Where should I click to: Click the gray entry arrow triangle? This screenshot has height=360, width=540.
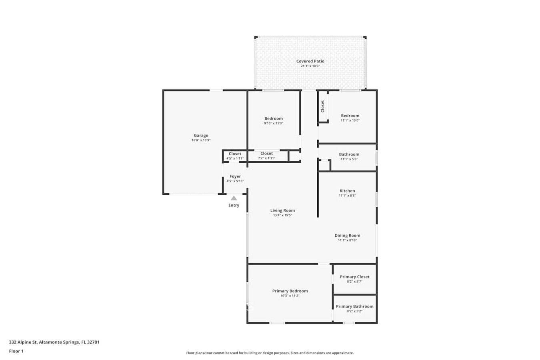(x=234, y=198)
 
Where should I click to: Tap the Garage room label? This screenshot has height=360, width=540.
(x=201, y=136)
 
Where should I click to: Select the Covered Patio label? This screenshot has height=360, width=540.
(x=310, y=61)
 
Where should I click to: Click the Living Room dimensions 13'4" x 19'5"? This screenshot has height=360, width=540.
(x=282, y=215)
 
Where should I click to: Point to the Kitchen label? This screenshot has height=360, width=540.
(x=347, y=191)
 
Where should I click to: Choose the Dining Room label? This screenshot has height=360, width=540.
(x=347, y=236)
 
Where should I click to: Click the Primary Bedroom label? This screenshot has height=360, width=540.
(x=290, y=291)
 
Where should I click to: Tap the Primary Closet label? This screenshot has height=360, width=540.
(x=355, y=277)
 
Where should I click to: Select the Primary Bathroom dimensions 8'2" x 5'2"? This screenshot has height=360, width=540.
(x=355, y=311)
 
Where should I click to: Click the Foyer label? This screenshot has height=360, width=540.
(x=235, y=176)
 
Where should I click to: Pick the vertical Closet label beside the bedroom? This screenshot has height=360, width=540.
(x=322, y=106)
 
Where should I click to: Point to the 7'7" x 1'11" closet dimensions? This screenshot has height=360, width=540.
(x=267, y=158)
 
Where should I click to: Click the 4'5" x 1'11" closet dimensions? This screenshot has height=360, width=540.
(x=235, y=158)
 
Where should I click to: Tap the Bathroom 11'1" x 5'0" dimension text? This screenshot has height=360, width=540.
(x=349, y=159)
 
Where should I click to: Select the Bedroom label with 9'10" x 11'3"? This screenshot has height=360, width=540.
(x=274, y=119)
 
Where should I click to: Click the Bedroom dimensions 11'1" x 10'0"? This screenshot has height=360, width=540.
(x=350, y=120)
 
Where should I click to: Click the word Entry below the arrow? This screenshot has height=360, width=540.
(x=234, y=206)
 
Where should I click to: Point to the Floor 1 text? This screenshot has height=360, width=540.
(x=16, y=351)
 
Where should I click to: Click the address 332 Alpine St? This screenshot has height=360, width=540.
(x=23, y=342)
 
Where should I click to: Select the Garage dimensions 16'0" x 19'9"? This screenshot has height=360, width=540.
(x=201, y=140)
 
